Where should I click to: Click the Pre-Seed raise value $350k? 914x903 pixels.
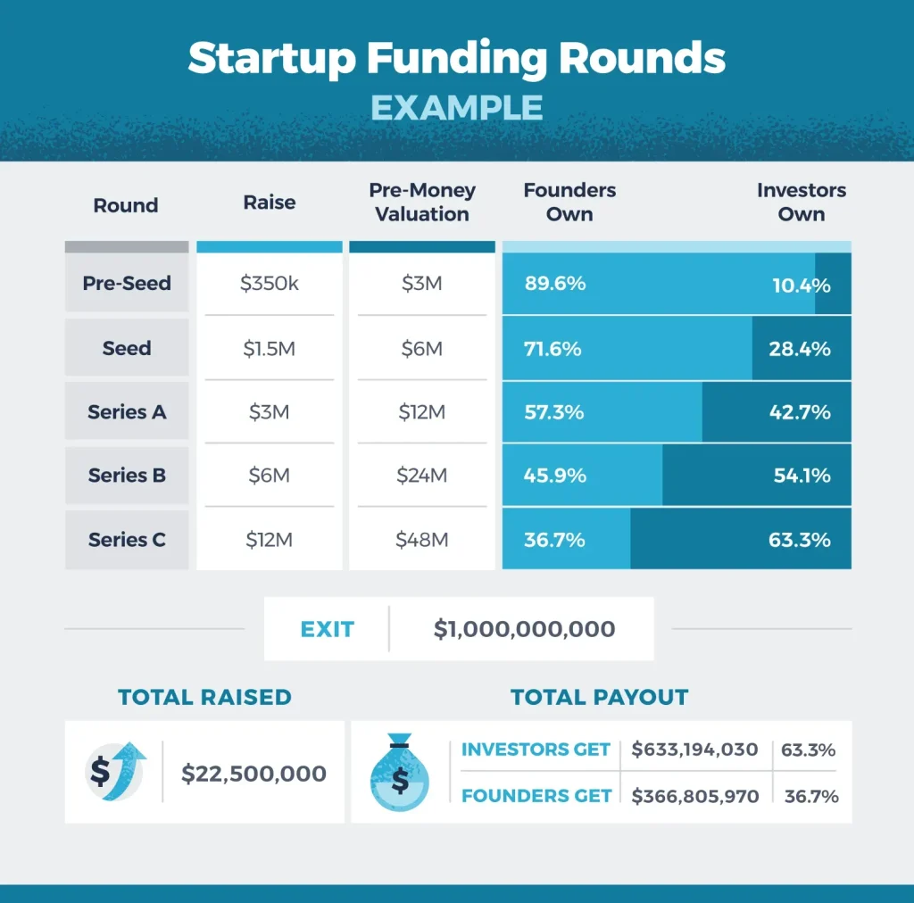(x=269, y=284)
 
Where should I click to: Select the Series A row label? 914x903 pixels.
(x=127, y=412)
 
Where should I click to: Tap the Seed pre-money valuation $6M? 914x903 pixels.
(x=421, y=348)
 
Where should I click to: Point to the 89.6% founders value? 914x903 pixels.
(x=555, y=284)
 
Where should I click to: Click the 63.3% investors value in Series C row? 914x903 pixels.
(x=799, y=540)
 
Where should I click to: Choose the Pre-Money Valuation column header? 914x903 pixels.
(x=421, y=203)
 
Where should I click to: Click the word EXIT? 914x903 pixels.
(x=327, y=629)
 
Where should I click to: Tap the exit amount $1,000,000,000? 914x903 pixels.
(x=524, y=629)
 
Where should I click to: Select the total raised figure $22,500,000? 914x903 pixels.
(x=253, y=774)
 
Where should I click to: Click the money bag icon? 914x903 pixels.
(x=399, y=773)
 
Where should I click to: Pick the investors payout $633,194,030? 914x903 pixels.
(x=694, y=750)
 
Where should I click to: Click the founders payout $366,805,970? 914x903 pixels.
(x=694, y=796)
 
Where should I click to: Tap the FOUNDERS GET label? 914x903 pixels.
(x=536, y=796)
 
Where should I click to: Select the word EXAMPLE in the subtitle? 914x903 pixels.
(x=456, y=107)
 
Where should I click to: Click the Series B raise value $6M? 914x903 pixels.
(x=269, y=476)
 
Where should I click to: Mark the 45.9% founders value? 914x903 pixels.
(x=555, y=476)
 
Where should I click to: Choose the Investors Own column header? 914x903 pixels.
(x=801, y=203)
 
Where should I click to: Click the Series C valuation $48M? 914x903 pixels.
(x=421, y=540)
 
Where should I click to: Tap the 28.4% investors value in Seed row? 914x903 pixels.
(x=799, y=348)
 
